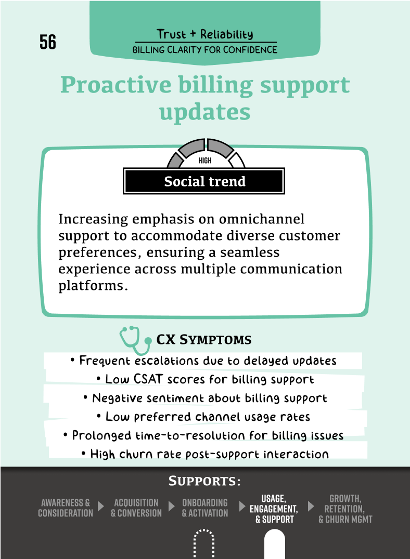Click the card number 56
click(x=48, y=42)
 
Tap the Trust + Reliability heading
click(x=205, y=34)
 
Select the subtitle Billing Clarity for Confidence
click(x=205, y=49)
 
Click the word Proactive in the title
click(x=116, y=86)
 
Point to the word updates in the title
click(x=204, y=113)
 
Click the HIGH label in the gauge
click(x=205, y=161)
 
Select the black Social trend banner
click(x=204, y=181)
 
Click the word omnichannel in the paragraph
click(x=262, y=219)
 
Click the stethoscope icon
click(x=135, y=340)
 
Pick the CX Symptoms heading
click(x=204, y=339)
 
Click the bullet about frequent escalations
click(x=203, y=361)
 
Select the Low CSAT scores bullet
click(x=205, y=379)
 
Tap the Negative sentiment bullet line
click(x=205, y=398)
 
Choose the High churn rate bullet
click(x=205, y=454)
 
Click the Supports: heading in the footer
click(x=204, y=481)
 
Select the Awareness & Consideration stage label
click(x=66, y=508)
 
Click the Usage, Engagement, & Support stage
click(x=274, y=509)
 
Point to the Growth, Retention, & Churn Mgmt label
click(x=345, y=509)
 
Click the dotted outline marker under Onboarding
click(x=204, y=543)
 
